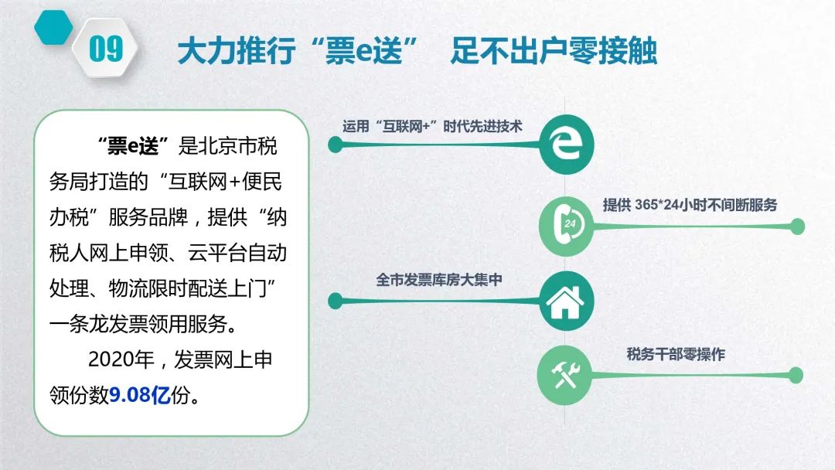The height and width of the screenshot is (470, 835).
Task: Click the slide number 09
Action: (106, 49)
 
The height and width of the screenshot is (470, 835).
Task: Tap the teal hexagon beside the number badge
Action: (54, 27)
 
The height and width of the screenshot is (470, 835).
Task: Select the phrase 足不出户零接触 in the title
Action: (554, 51)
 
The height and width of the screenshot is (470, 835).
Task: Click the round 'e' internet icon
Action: (566, 145)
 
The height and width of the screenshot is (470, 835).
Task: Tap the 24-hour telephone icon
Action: (566, 226)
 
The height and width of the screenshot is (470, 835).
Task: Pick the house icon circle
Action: (566, 301)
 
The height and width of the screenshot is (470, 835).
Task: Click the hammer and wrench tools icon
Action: (564, 375)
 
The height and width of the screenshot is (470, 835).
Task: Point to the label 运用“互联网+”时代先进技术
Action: (432, 127)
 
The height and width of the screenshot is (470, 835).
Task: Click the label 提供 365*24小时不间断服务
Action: (690, 205)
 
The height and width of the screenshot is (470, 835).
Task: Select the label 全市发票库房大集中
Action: (439, 279)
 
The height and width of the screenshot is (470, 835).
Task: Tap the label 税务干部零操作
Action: (676, 354)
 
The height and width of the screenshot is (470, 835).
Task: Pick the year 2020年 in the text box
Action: (121, 359)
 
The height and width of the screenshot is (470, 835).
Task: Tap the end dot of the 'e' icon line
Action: (336, 145)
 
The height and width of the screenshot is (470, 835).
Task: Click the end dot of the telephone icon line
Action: (797, 226)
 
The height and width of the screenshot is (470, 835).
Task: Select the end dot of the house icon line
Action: (336, 301)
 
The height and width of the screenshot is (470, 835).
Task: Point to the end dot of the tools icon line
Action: (796, 375)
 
